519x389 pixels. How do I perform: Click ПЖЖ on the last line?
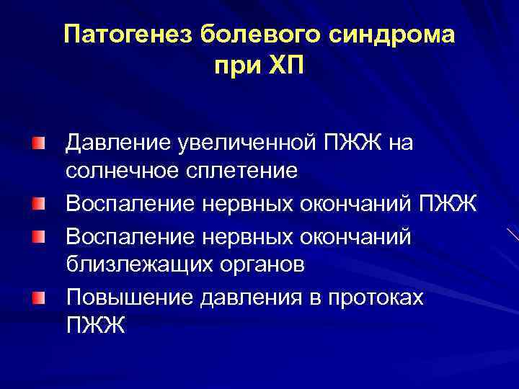pyautogui.click(x=95, y=326)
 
